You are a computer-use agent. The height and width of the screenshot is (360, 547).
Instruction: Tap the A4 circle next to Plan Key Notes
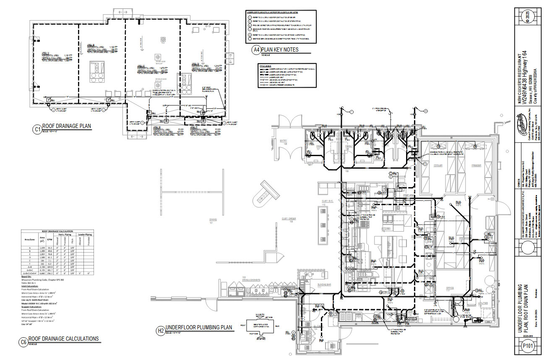255,50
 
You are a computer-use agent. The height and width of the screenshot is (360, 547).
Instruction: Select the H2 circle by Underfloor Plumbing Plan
160,331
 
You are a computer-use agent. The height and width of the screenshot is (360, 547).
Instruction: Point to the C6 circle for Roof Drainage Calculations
24,342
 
